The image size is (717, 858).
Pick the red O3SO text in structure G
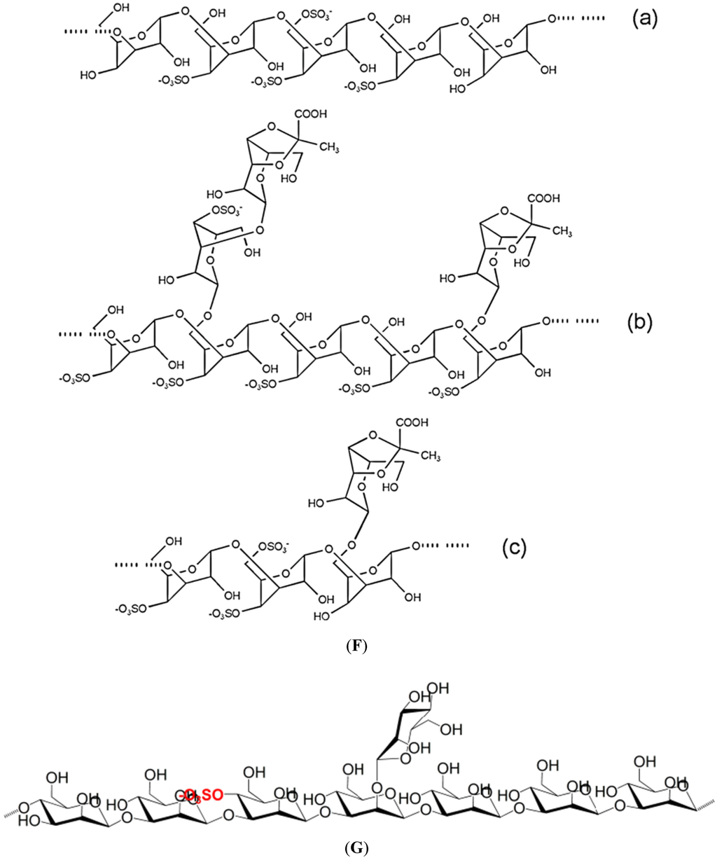[x=202, y=795]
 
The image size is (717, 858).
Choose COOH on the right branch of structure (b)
[x=545, y=199]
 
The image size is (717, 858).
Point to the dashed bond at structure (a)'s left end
[x=74, y=32]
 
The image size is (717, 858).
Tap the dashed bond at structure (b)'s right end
[x=587, y=321]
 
